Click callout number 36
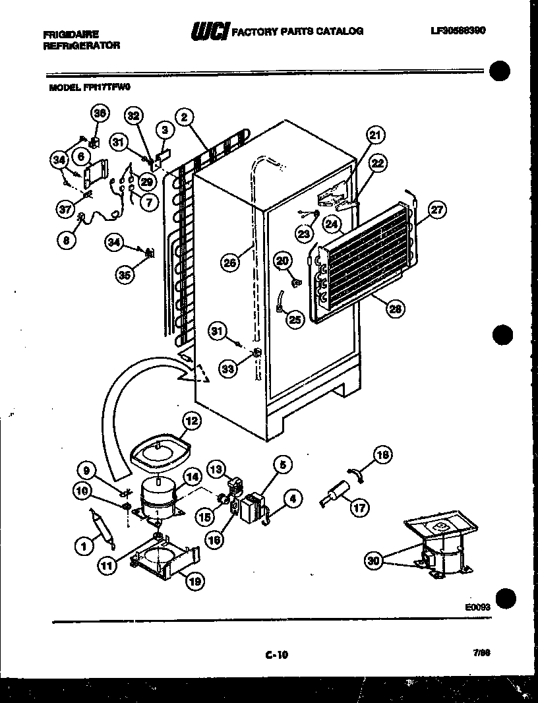tap(99, 113)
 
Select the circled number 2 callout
tap(185, 117)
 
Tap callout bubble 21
tap(375, 136)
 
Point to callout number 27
tap(437, 210)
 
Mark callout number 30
tap(374, 561)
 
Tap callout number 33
tap(228, 369)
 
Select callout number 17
tap(359, 508)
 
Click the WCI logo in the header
tap(209, 32)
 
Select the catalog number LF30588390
tap(457, 30)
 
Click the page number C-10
tap(277, 655)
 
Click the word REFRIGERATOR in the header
tap(82, 46)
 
